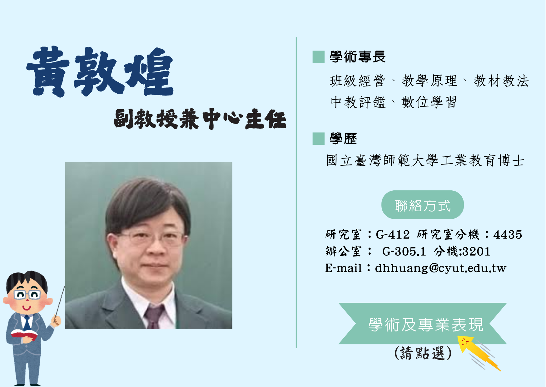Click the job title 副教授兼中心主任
200,119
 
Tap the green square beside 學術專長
319,57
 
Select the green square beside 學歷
319,139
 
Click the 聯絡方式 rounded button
423,205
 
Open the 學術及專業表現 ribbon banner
423,324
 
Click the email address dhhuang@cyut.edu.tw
440,268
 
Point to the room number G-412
393,234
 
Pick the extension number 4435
508,234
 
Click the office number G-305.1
404,251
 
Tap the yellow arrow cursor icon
479,353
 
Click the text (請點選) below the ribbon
423,353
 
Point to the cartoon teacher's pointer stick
59,304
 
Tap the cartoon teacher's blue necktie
27,323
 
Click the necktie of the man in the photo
154,317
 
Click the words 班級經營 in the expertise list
358,81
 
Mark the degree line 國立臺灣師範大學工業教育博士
425,160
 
